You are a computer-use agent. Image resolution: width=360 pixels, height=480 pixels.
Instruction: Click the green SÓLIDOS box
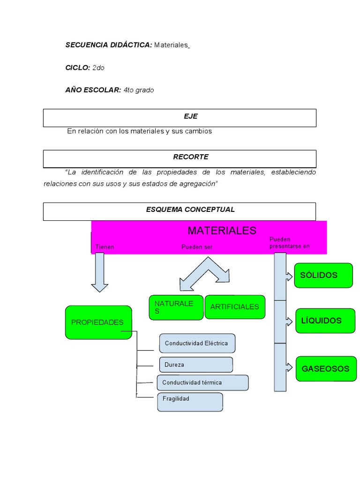point(323,275)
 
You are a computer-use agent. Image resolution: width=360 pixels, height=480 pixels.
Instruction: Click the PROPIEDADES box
point(98,322)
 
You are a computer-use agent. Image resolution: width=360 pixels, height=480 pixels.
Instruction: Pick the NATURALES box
point(176,307)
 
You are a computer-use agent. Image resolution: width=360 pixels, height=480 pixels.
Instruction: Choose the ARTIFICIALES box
point(235,307)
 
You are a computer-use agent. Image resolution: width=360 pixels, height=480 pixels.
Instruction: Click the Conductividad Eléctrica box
point(197,343)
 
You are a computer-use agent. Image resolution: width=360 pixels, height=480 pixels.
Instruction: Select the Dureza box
point(196,365)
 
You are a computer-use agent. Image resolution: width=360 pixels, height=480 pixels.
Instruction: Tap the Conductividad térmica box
point(202,382)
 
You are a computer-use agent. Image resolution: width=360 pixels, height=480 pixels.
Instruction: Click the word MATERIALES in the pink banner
point(222,230)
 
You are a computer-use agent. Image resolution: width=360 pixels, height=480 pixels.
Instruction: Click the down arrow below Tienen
point(99,272)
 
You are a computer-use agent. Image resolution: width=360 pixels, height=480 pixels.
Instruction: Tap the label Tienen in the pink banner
point(105,247)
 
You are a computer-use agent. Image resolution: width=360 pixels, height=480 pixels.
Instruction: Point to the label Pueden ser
point(197,247)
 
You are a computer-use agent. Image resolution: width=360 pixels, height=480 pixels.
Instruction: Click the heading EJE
point(191,116)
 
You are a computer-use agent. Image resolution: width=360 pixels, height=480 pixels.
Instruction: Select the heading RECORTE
point(191,157)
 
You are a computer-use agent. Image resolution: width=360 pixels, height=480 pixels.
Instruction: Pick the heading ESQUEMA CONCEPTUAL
point(190,210)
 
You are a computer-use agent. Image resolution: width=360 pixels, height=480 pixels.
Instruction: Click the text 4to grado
point(139,90)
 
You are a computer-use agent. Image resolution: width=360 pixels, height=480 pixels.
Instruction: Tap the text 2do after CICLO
point(98,67)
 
